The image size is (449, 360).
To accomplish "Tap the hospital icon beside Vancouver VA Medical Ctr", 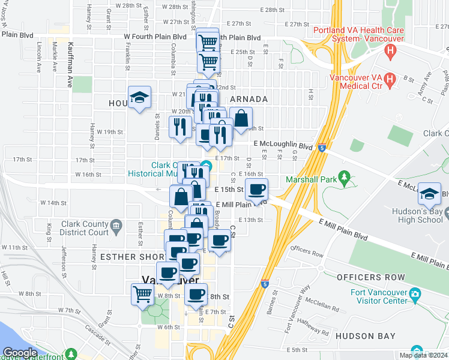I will [388, 79].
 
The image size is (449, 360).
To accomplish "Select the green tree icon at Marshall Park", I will [344, 177].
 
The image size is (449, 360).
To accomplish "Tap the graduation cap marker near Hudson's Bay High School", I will [429, 193].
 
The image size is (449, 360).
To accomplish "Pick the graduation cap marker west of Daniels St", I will [139, 97].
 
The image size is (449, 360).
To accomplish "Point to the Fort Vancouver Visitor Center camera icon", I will [415, 293].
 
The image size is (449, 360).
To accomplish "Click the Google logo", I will [20, 353].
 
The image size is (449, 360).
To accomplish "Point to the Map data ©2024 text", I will [423, 355].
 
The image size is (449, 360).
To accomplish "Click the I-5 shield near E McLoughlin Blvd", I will [322, 146].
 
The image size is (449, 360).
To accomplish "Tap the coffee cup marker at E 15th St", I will [256, 190].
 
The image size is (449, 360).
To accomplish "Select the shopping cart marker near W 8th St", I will [143, 294].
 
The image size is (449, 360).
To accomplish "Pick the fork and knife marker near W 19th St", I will [179, 127].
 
